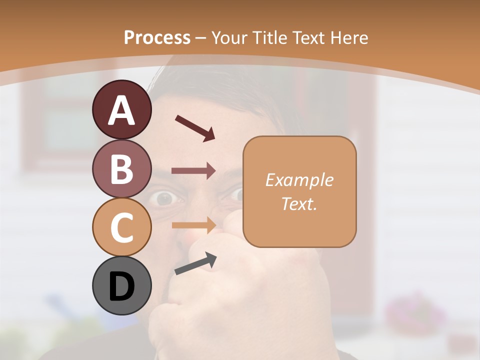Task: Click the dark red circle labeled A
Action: click(x=122, y=109)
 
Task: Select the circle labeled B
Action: click(x=122, y=168)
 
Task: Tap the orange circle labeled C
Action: click(x=122, y=227)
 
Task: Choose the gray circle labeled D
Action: click(x=122, y=285)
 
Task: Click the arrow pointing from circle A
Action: click(x=194, y=127)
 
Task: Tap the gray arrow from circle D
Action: click(x=195, y=263)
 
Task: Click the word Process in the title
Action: click(x=157, y=37)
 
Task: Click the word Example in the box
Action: click(x=299, y=180)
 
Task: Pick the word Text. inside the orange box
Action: click(x=299, y=203)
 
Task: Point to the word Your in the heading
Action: click(x=228, y=38)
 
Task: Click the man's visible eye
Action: click(x=163, y=199)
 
